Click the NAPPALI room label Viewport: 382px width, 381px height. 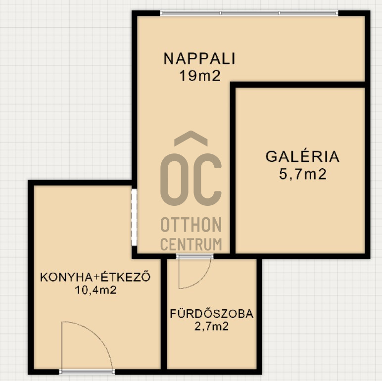click(x=199, y=59)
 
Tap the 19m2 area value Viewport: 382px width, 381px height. click(x=199, y=75)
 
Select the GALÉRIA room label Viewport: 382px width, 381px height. click(x=302, y=157)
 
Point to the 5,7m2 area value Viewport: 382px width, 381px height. click(x=302, y=174)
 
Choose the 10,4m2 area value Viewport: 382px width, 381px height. click(x=95, y=290)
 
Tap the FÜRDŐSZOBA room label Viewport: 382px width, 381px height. click(x=212, y=314)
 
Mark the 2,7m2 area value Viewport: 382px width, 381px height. click(x=212, y=326)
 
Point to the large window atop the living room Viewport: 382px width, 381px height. click(x=249, y=13)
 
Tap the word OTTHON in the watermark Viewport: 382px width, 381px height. click(x=191, y=226)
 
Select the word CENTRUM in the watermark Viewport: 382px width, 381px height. click(x=191, y=244)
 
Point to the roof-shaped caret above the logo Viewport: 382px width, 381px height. click(x=191, y=139)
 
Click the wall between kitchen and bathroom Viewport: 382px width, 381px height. click(x=164, y=317)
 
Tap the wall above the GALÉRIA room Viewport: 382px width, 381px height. click(x=300, y=85)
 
